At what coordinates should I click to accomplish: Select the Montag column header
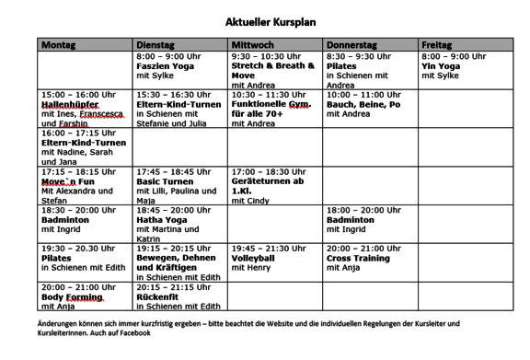point(59,44)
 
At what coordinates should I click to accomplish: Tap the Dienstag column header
point(155,44)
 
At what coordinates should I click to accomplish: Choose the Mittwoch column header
point(253,44)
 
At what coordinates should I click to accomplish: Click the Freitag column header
point(436,44)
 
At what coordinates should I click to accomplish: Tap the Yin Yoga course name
point(441,66)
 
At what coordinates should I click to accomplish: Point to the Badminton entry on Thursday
point(351,221)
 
